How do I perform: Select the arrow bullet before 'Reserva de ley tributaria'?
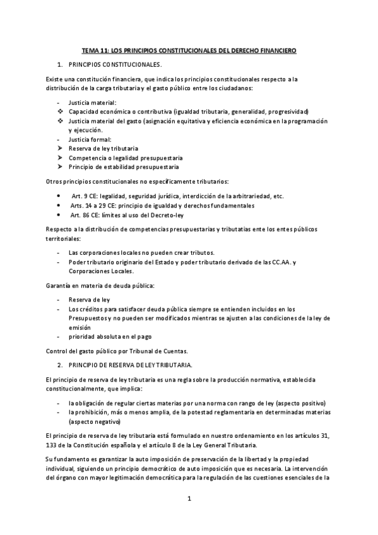click(x=59, y=148)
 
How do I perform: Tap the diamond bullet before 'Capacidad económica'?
click(x=59, y=111)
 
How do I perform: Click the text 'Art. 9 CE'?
click(x=84, y=196)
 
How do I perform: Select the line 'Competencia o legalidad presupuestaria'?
click(x=124, y=158)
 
